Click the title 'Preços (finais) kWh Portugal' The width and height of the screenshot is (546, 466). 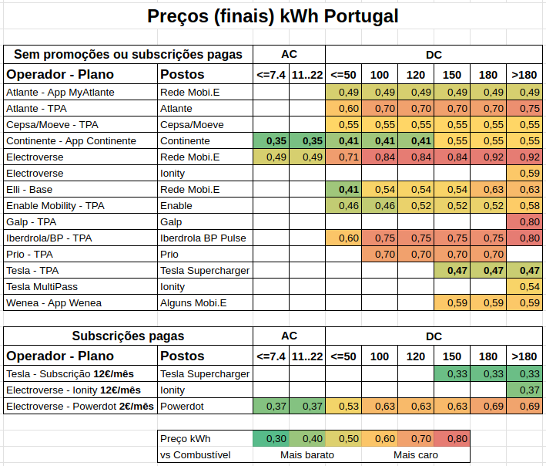(x=273, y=16)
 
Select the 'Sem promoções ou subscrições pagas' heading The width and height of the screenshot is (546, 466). (x=128, y=55)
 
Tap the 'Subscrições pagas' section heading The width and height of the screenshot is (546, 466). (x=128, y=336)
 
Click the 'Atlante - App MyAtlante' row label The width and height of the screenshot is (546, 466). (x=60, y=92)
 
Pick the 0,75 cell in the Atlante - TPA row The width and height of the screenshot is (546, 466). (x=524, y=109)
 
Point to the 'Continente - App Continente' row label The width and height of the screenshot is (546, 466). (x=71, y=141)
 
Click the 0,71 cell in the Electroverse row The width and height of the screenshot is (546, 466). (x=343, y=157)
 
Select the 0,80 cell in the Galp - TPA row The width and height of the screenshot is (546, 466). (x=524, y=222)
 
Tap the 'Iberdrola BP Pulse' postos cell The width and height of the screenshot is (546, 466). (x=203, y=238)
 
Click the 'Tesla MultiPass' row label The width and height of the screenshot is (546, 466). (x=42, y=287)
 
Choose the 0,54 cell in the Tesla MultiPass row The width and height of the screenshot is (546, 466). (x=524, y=287)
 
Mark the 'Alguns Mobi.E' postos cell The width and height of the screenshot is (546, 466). (x=193, y=302)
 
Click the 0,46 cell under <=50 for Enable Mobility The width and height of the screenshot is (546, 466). (x=343, y=206)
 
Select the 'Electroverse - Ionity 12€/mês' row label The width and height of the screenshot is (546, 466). (x=73, y=390)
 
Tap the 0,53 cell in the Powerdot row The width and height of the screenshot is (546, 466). (x=343, y=407)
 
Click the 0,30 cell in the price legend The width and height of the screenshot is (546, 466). (x=271, y=439)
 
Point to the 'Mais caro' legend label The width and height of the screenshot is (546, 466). (x=416, y=455)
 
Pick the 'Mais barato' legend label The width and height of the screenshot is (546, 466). (x=307, y=455)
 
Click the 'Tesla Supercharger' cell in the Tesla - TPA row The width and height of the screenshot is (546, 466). (x=205, y=271)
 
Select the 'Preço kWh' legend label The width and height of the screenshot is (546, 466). (x=186, y=439)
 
